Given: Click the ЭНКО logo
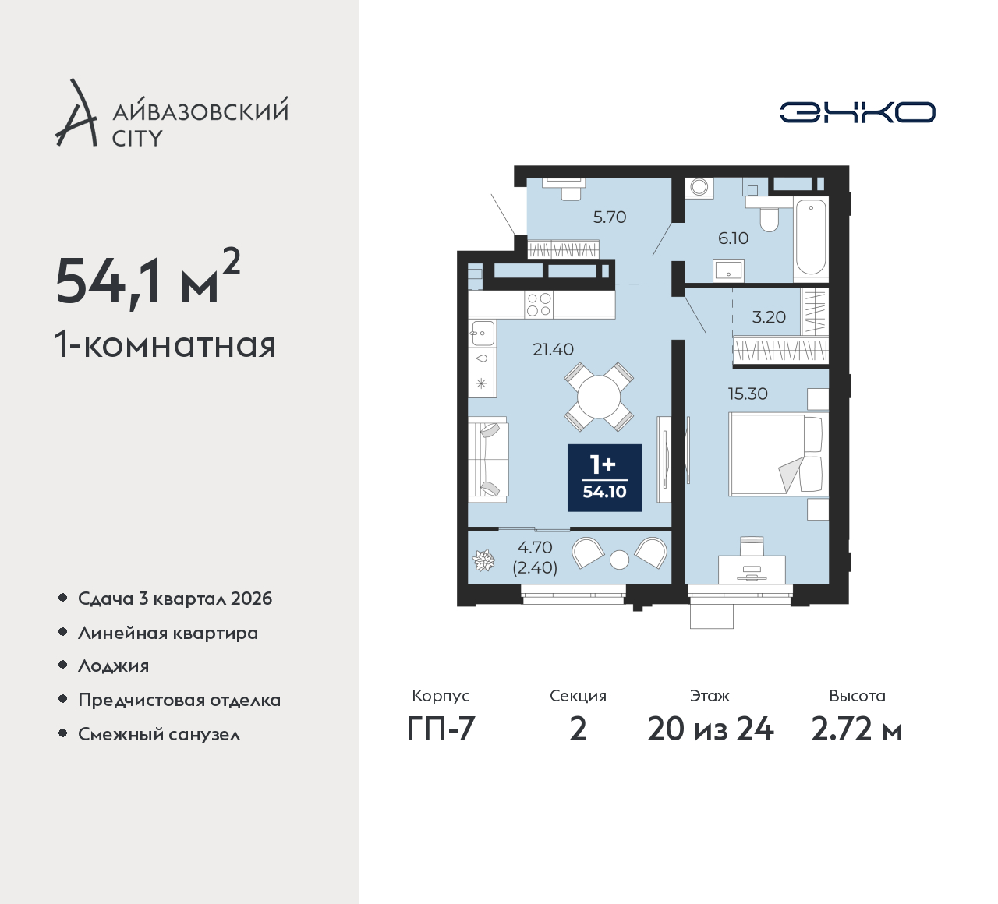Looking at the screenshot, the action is coord(857,112).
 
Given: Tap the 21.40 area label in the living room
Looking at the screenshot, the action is coord(554,350).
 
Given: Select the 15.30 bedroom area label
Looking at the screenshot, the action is coord(748,394).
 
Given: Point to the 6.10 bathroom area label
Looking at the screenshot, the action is coord(734,238).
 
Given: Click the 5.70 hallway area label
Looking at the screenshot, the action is coord(610,217).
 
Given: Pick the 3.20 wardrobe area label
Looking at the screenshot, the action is coord(769,316).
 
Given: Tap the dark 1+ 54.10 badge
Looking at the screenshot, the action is coord(604,478).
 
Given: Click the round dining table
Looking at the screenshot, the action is coord(599,397).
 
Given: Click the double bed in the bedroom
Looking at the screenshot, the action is coord(778,454).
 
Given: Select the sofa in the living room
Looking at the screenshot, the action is coord(488,459).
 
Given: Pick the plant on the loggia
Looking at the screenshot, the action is coord(483,560).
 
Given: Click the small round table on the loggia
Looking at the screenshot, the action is coord(619,560).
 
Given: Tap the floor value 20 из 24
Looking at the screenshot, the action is coord(710,729).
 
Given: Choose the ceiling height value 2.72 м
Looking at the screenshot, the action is coord(857,729).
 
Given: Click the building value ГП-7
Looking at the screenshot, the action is coord(441,729).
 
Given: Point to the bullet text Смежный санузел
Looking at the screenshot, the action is coord(159,734).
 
